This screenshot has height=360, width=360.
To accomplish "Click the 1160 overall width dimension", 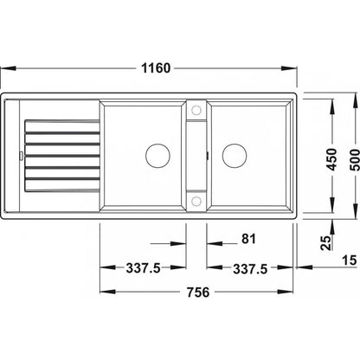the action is click(156, 68).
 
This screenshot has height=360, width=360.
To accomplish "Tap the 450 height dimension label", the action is click(332, 159).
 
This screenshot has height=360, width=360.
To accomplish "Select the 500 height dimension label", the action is click(355, 159).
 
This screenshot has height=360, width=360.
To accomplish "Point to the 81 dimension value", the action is click(248, 239).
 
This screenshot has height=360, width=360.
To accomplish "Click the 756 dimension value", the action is click(198, 292).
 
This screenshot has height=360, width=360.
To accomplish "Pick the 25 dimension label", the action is click(326, 243).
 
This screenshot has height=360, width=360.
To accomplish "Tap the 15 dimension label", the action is click(350, 260).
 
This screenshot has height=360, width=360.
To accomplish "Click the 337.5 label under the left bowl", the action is click(143, 268).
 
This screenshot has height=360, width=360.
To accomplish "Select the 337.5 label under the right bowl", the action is click(250, 269).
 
